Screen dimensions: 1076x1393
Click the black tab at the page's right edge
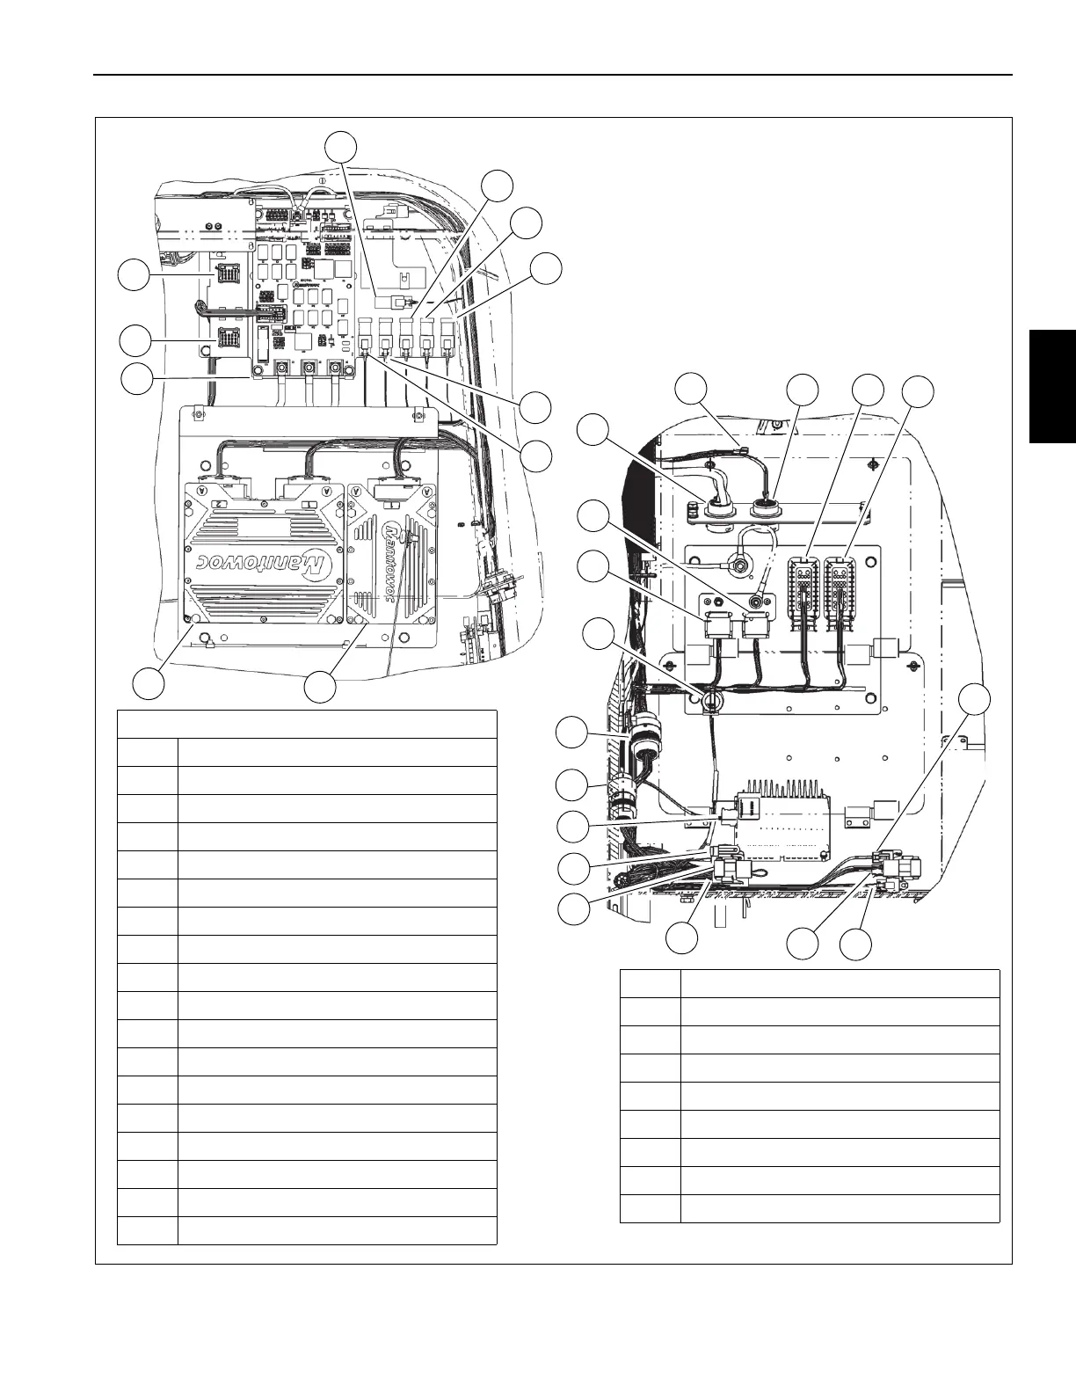(x=1055, y=387)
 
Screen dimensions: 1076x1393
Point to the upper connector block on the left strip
(x=225, y=274)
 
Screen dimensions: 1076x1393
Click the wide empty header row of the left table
(x=307, y=724)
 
